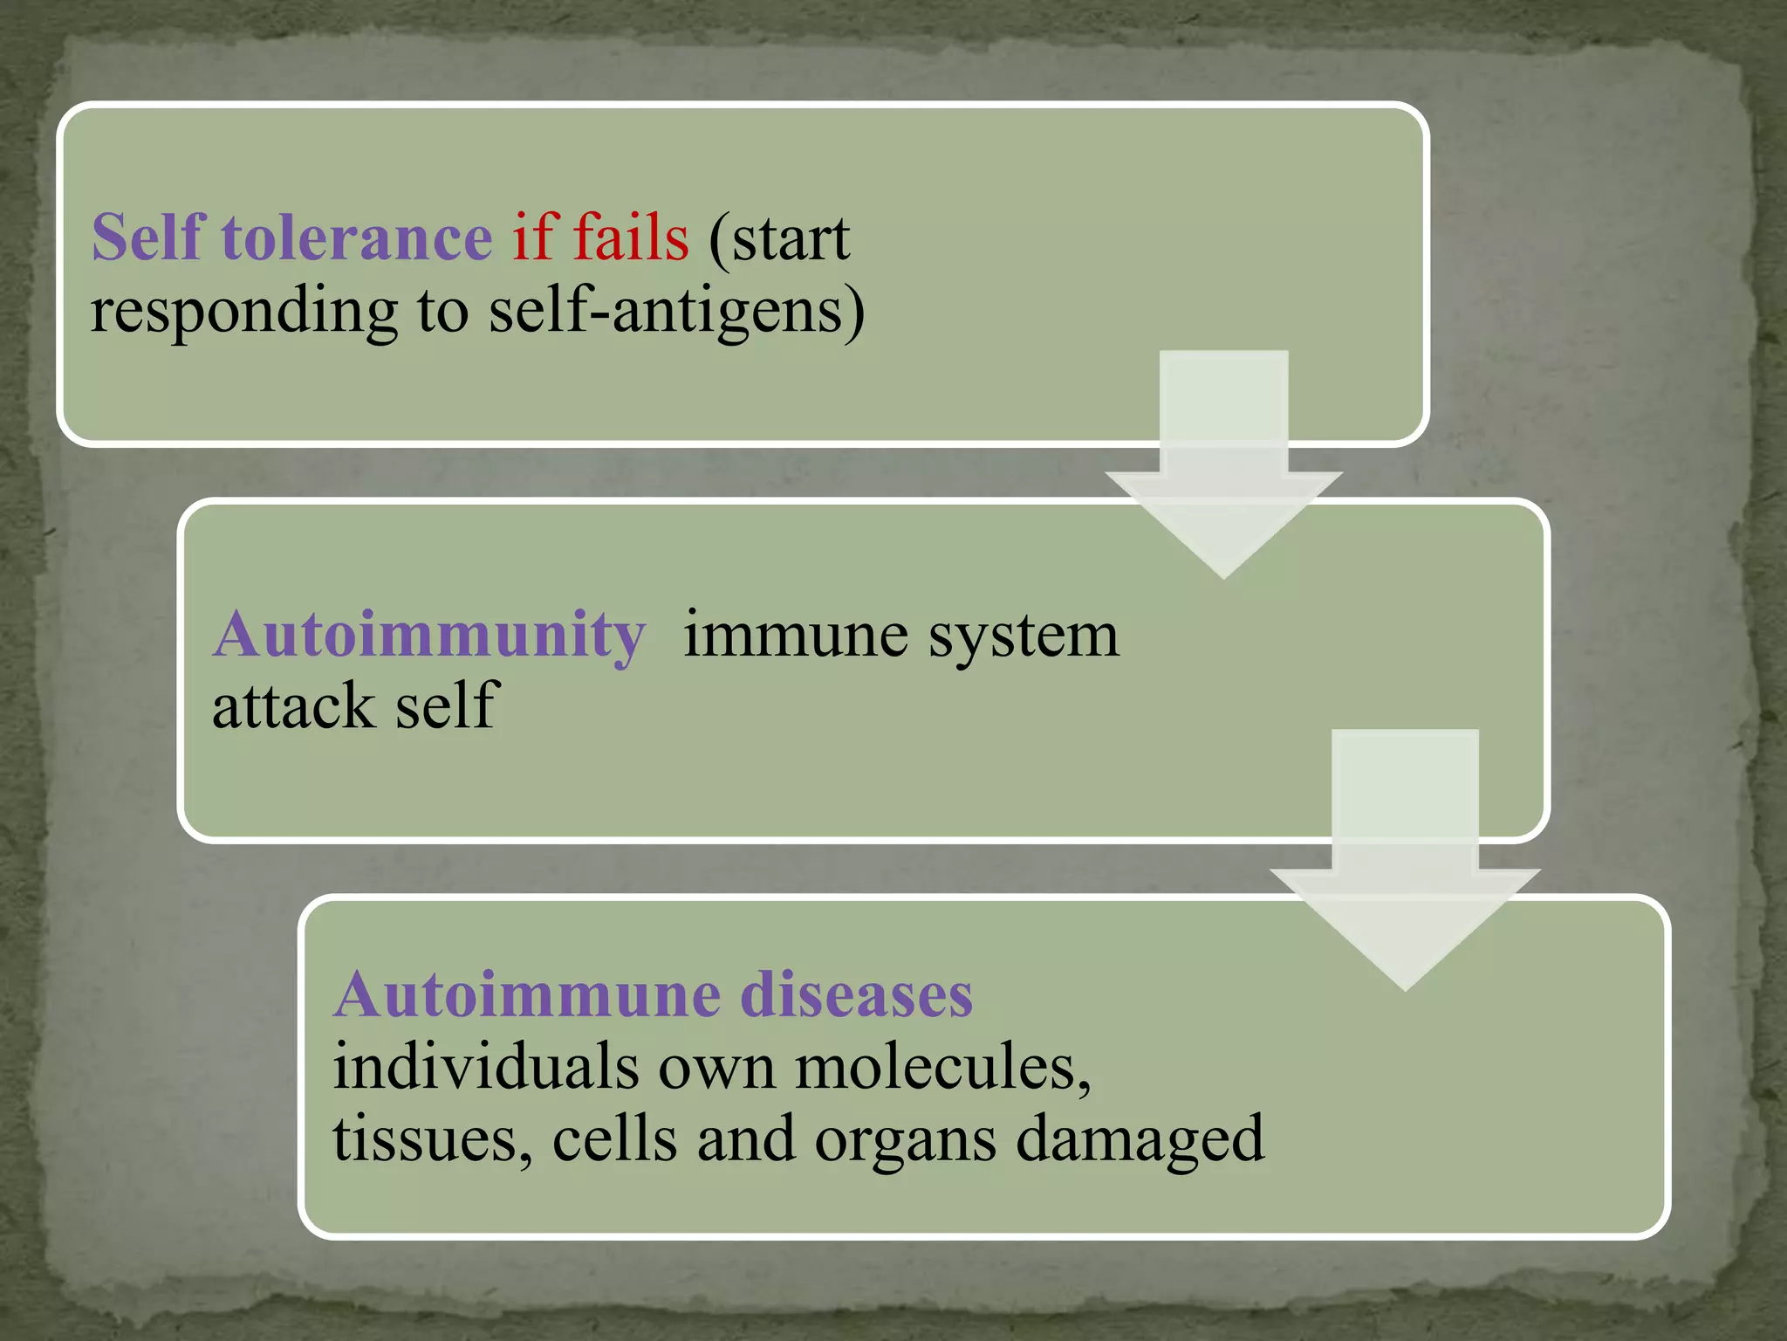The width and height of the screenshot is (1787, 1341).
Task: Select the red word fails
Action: pos(630,237)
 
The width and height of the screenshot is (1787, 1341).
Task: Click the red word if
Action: pos(534,237)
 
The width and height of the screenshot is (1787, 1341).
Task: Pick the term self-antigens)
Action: pos(676,313)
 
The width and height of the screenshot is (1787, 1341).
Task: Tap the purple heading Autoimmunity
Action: pos(429,636)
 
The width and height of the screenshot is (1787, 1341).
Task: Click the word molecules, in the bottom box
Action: pos(942,1069)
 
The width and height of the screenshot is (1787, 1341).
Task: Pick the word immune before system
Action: pos(795,636)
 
